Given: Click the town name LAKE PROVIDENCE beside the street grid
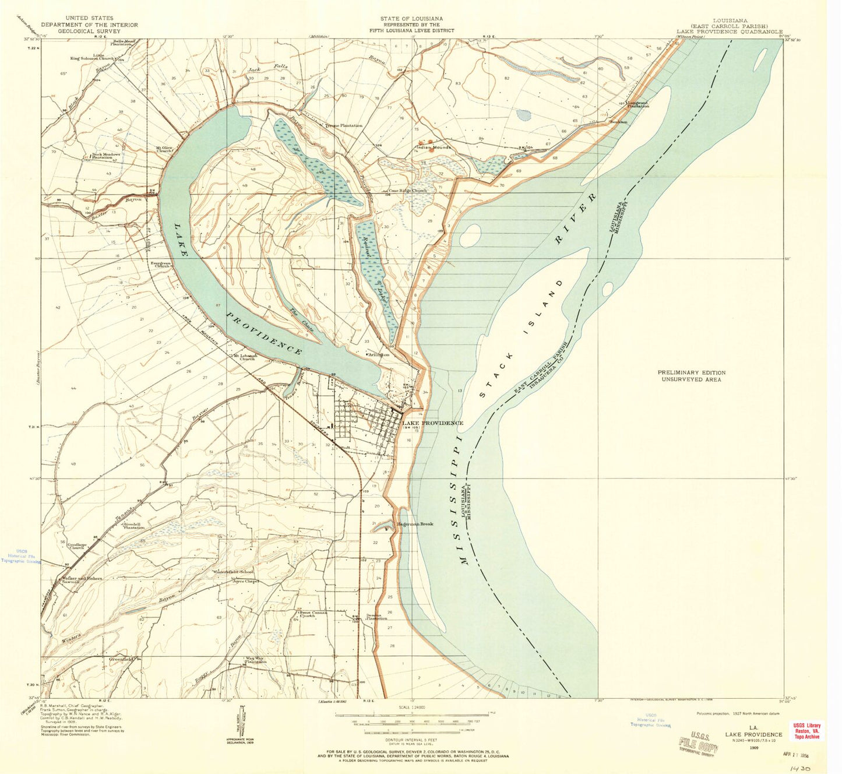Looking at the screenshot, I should point(433,423).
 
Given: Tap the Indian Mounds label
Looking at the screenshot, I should point(434,147).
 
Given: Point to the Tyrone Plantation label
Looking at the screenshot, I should point(344,125).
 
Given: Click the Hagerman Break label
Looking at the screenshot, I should point(415,524).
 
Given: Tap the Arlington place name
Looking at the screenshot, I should point(378,354).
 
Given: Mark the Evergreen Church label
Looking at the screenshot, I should point(161,265).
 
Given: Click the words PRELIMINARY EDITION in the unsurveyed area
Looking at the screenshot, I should point(691,372).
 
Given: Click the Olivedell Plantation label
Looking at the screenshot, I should point(133,526).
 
